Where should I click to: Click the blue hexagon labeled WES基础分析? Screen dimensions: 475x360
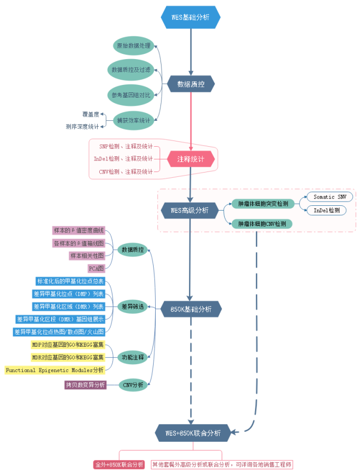pyautogui.click(x=190, y=17)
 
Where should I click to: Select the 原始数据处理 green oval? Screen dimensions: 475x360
pyautogui.click(x=134, y=46)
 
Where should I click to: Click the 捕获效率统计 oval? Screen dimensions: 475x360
pyautogui.click(x=134, y=120)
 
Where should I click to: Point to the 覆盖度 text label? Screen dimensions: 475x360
pyautogui.click(x=90, y=114)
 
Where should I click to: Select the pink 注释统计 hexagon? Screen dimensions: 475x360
pyautogui.click(x=191, y=158)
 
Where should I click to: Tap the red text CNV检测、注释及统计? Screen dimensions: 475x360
pyautogui.click(x=126, y=172)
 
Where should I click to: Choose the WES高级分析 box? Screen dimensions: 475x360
pyautogui.click(x=190, y=211)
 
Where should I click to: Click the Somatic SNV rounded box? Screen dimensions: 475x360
pyautogui.click(x=330, y=197)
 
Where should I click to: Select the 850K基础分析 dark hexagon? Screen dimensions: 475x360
pyautogui.click(x=191, y=309)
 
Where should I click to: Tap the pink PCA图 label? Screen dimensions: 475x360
pyautogui.click(x=96, y=268)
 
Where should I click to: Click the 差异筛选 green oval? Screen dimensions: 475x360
pyautogui.click(x=132, y=306)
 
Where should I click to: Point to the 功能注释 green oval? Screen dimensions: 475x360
pyautogui.click(x=132, y=357)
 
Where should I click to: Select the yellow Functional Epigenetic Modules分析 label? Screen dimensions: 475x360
pyautogui.click(x=55, y=370)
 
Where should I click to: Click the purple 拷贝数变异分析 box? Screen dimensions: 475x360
pyautogui.click(x=85, y=385)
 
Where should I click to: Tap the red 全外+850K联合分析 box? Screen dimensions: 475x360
pyautogui.click(x=119, y=465)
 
